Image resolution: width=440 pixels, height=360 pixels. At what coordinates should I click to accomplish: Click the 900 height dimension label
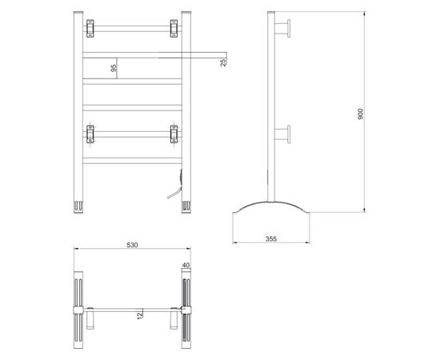(361, 114)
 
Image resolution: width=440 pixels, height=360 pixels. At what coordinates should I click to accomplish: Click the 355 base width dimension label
(271, 238)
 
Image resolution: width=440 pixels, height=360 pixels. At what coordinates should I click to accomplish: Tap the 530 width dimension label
(132, 245)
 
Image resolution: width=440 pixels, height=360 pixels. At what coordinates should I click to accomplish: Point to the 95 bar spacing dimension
(114, 68)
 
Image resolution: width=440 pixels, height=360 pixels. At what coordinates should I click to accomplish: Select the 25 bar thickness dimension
(223, 62)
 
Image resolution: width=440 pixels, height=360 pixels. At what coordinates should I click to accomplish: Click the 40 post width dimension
(186, 265)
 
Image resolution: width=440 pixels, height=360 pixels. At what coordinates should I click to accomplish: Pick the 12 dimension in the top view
(140, 315)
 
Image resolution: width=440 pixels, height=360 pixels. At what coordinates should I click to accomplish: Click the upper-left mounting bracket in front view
(90, 28)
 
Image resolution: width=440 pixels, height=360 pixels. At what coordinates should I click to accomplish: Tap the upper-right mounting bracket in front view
(174, 28)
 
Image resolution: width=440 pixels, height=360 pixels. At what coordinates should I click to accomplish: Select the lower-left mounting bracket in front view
(90, 134)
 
